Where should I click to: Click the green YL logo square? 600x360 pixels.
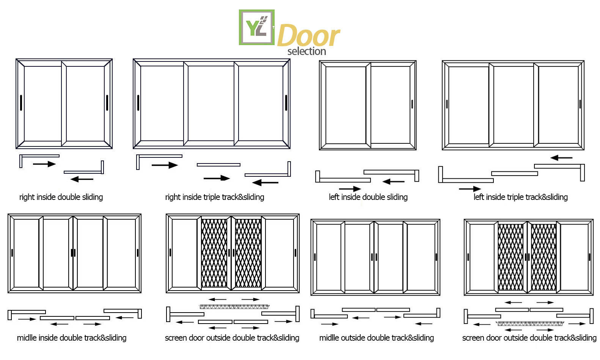click(x=257, y=27)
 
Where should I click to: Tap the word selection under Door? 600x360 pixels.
click(x=307, y=51)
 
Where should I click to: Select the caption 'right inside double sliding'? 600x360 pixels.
click(x=61, y=197)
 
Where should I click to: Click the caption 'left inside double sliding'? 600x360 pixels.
click(x=368, y=197)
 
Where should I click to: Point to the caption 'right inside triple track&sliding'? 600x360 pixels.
click(x=215, y=197)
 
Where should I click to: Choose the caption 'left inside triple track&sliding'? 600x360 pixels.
click(x=520, y=197)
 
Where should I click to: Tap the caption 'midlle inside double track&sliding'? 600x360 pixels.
click(x=72, y=338)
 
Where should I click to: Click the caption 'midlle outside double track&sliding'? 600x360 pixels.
click(x=376, y=338)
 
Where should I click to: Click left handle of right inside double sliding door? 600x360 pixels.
click(x=21, y=102)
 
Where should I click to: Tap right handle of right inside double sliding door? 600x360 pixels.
click(x=107, y=102)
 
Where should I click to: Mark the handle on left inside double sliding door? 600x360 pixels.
click(x=412, y=104)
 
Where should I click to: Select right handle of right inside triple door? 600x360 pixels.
click(x=286, y=102)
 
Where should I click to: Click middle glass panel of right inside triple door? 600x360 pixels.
click(x=211, y=103)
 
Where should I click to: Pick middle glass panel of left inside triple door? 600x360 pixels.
click(x=514, y=105)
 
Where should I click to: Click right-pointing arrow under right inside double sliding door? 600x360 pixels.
click(x=44, y=164)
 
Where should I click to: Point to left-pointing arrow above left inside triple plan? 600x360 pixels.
click(x=561, y=158)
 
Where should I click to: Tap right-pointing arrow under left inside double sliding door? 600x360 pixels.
click(x=350, y=189)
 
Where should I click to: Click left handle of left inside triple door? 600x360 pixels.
click(x=447, y=104)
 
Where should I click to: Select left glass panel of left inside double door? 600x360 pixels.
click(x=346, y=105)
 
